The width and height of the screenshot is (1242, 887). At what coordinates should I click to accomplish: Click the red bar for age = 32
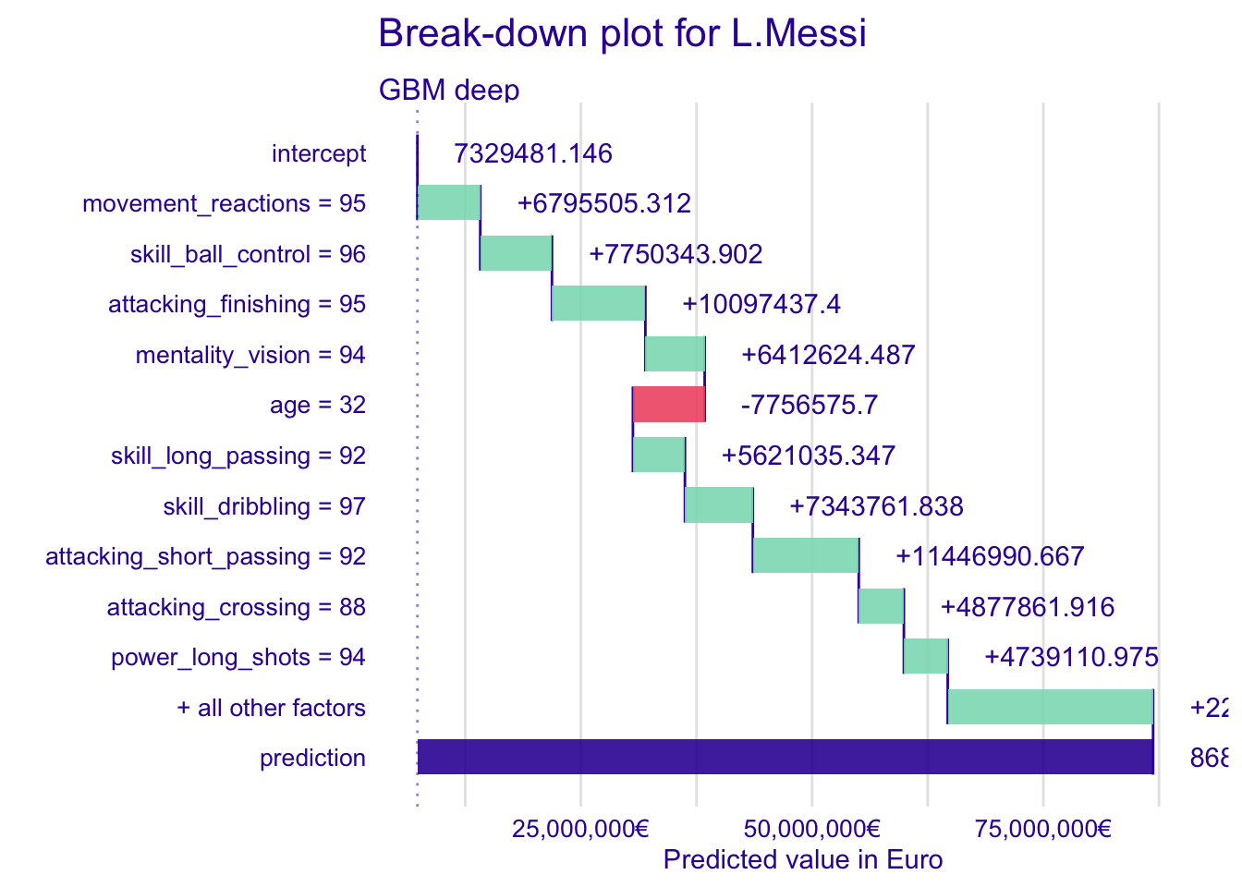click(669, 405)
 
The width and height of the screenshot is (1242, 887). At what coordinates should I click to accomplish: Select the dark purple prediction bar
click(785, 758)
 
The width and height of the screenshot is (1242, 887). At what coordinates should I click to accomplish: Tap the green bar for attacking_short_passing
click(806, 556)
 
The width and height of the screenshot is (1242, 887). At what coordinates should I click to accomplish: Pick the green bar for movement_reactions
click(449, 203)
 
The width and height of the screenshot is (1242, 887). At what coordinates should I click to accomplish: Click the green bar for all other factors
click(1051, 708)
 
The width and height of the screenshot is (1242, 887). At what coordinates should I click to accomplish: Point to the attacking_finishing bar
click(598, 304)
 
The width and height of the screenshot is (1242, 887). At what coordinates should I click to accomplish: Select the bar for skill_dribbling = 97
click(719, 506)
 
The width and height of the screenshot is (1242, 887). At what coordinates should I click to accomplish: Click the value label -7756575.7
click(810, 406)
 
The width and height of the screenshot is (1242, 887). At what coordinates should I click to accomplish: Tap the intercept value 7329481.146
click(533, 153)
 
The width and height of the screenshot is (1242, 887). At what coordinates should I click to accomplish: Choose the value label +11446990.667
click(990, 556)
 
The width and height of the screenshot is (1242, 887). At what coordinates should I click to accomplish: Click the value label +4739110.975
click(1071, 657)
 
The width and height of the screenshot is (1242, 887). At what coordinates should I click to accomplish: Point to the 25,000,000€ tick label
click(580, 828)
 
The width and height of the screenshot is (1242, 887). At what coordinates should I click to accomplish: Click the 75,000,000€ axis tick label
click(1043, 828)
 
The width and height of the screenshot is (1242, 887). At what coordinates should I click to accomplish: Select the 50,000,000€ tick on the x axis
click(812, 828)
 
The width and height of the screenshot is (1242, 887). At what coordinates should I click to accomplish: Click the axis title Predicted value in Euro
click(803, 860)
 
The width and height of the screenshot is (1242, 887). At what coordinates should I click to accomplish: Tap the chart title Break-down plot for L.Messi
click(623, 34)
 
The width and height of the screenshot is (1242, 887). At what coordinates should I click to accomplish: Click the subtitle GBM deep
click(449, 90)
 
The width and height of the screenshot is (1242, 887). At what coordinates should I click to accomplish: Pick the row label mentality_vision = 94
click(250, 355)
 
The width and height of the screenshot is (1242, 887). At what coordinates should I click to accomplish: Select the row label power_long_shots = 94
click(238, 657)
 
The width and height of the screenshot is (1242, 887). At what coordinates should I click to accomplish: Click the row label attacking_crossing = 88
click(237, 607)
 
